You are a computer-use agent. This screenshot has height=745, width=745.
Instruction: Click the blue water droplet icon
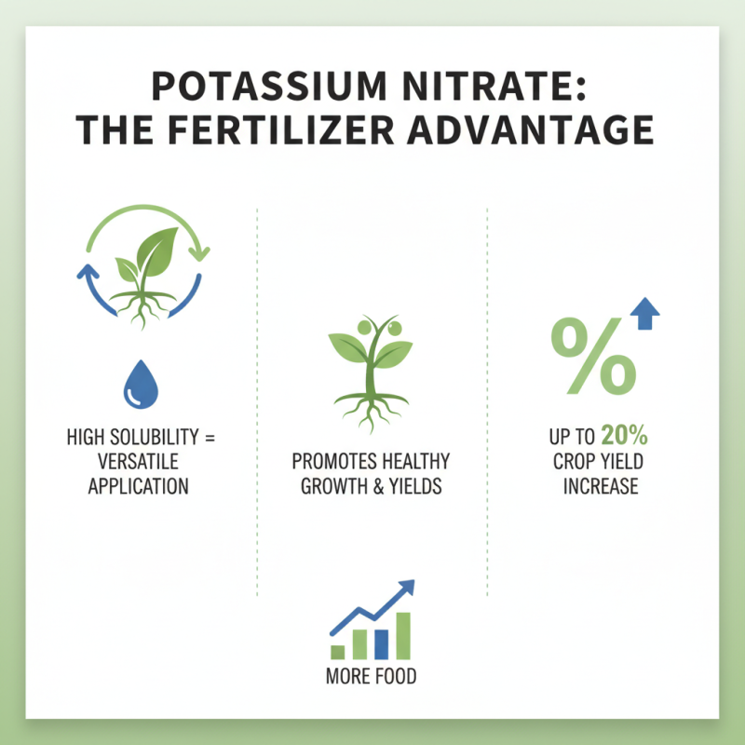coord(141,384)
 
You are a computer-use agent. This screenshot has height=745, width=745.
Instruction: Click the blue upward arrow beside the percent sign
coord(644,315)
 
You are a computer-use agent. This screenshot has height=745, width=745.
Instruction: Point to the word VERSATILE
coord(138,462)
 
